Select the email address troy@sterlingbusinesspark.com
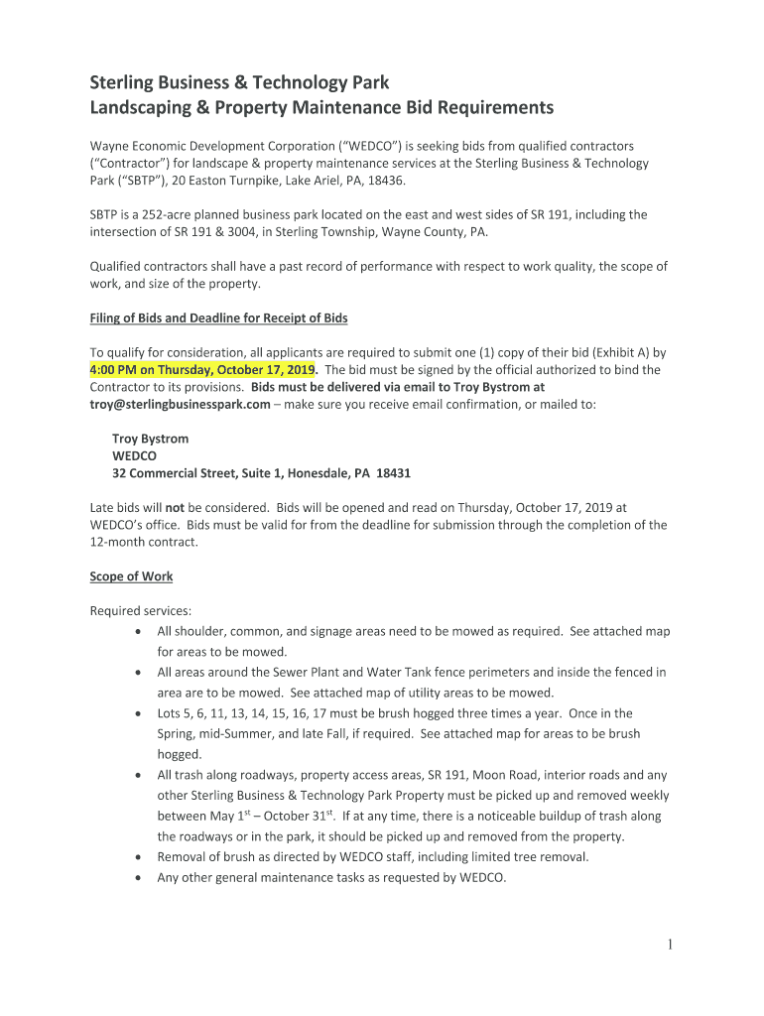[180, 404]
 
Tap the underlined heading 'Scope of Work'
[131, 576]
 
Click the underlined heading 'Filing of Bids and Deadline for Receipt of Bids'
[218, 318]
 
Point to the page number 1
[670, 946]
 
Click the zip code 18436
[389, 181]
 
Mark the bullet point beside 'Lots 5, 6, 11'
[136, 713]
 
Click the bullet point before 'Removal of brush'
[136, 857]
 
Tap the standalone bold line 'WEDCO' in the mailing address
[135, 455]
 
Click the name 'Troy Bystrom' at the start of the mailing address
[150, 439]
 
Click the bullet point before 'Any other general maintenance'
[136, 877]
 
